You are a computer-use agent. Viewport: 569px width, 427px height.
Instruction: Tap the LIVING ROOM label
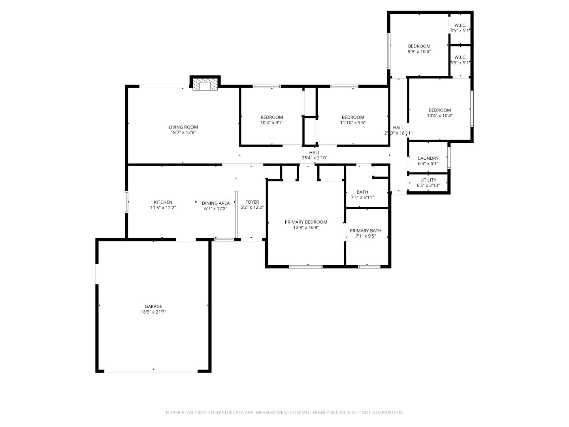point(183,127)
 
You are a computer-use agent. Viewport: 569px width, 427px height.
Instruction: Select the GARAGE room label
point(153,306)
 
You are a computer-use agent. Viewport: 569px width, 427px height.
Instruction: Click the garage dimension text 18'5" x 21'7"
point(153,312)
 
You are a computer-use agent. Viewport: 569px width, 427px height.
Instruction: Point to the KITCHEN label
point(163,202)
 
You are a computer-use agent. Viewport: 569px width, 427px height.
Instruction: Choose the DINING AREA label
point(216,203)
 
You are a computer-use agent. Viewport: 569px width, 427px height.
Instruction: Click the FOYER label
point(252,202)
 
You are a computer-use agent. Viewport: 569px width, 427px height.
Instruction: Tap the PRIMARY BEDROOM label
point(306,222)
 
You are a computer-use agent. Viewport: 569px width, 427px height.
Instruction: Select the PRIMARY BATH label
point(366,231)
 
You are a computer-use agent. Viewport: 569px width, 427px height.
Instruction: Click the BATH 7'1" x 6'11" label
point(362,195)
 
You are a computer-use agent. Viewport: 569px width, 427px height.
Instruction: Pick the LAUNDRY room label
point(428,159)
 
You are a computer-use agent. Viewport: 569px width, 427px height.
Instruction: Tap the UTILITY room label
point(428,180)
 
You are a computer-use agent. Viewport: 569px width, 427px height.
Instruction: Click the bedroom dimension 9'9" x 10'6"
point(419,51)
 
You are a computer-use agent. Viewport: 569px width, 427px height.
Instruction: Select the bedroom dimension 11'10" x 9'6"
point(353,123)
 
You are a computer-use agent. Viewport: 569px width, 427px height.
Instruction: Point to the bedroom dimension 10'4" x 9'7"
point(272,123)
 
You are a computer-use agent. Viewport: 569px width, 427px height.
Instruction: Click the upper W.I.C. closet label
point(460,25)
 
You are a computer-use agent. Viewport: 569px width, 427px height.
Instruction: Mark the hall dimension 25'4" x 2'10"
point(315,158)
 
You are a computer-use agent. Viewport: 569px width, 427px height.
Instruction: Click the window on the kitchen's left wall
point(127,202)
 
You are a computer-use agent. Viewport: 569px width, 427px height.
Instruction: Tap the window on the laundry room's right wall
point(449,158)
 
